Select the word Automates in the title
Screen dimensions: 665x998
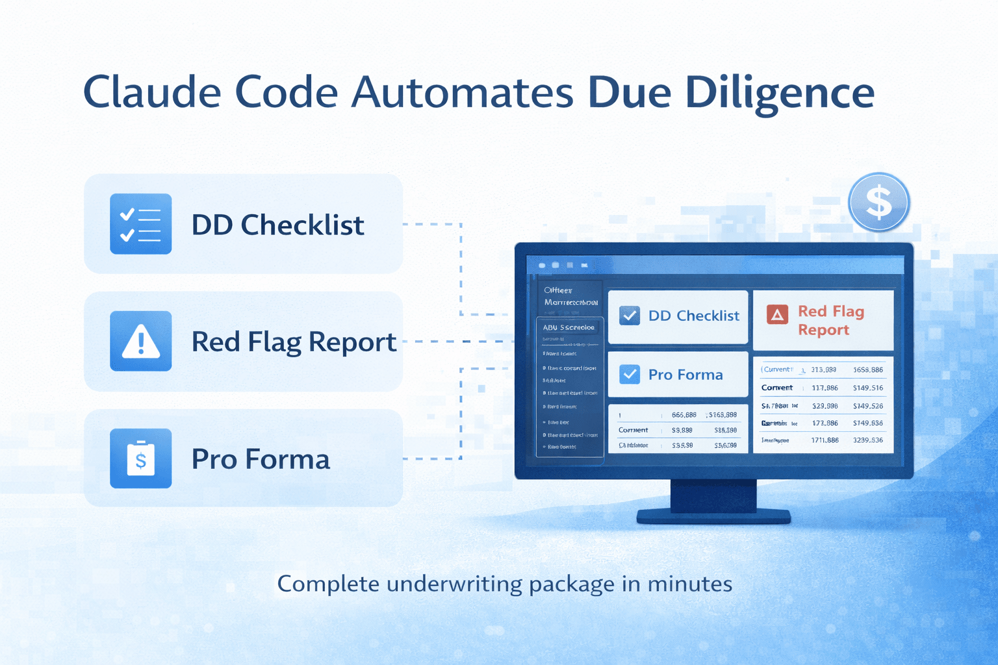point(462,92)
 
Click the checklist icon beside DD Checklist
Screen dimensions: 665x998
point(141,224)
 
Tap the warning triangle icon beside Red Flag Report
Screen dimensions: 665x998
point(141,341)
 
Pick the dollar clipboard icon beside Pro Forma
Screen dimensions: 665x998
point(141,458)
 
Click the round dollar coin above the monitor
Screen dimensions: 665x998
point(878,202)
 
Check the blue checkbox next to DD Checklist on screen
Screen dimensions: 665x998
point(629,316)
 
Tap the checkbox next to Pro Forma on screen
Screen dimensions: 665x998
point(629,374)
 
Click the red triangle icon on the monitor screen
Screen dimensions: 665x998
point(777,314)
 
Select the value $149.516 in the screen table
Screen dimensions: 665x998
point(868,388)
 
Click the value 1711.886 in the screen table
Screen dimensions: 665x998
point(825,440)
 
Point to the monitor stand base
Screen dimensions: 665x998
point(713,516)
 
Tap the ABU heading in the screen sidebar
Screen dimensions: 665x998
point(550,327)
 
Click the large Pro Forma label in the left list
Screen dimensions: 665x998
point(261,459)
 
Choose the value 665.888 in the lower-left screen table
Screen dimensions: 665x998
point(684,415)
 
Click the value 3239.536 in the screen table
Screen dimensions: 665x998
point(868,440)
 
